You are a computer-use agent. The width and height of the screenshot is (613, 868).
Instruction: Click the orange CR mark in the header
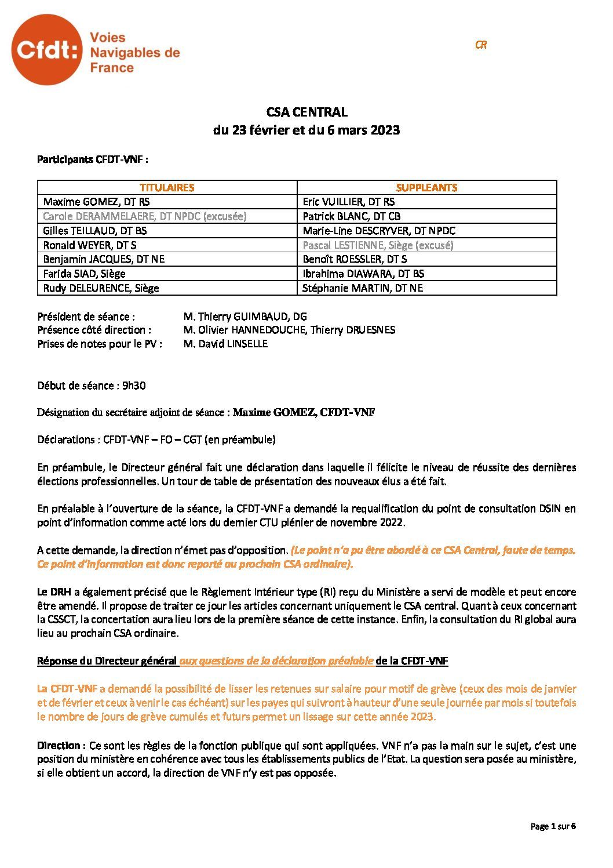480,45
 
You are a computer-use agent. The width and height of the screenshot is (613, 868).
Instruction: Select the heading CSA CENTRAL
306,112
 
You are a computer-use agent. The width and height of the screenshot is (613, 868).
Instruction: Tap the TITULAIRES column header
167,188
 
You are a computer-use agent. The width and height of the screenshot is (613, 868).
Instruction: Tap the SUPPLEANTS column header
426,188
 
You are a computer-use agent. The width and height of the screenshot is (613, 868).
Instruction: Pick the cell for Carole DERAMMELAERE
145,216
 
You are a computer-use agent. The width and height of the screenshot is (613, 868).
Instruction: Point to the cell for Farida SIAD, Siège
85,274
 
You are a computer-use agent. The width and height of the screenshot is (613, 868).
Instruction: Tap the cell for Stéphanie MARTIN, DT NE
363,288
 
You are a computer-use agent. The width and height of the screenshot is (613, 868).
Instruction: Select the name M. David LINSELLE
225,344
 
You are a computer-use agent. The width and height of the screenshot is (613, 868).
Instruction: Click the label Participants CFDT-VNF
93,159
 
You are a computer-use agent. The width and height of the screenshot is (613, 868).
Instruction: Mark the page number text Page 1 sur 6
553,826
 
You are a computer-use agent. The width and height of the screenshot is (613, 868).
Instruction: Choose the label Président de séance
86,317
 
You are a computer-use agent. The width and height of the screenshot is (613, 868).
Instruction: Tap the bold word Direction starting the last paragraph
61,745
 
